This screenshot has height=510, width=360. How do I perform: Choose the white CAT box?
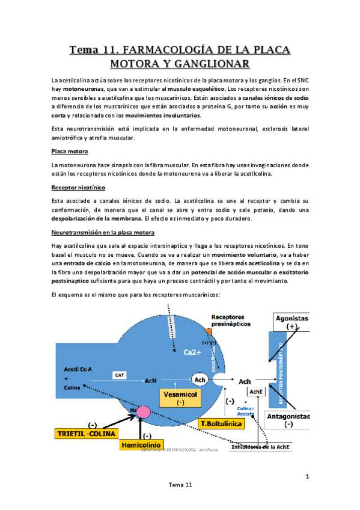coord(119,375)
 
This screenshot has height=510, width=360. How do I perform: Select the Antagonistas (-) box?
coord(289,420)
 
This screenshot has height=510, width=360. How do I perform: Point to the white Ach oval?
coord(200,380)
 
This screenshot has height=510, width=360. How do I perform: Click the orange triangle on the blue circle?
coord(208,331)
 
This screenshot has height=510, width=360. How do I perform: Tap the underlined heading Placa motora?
coord(70,152)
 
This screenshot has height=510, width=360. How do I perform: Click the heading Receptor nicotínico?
coord(78,188)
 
